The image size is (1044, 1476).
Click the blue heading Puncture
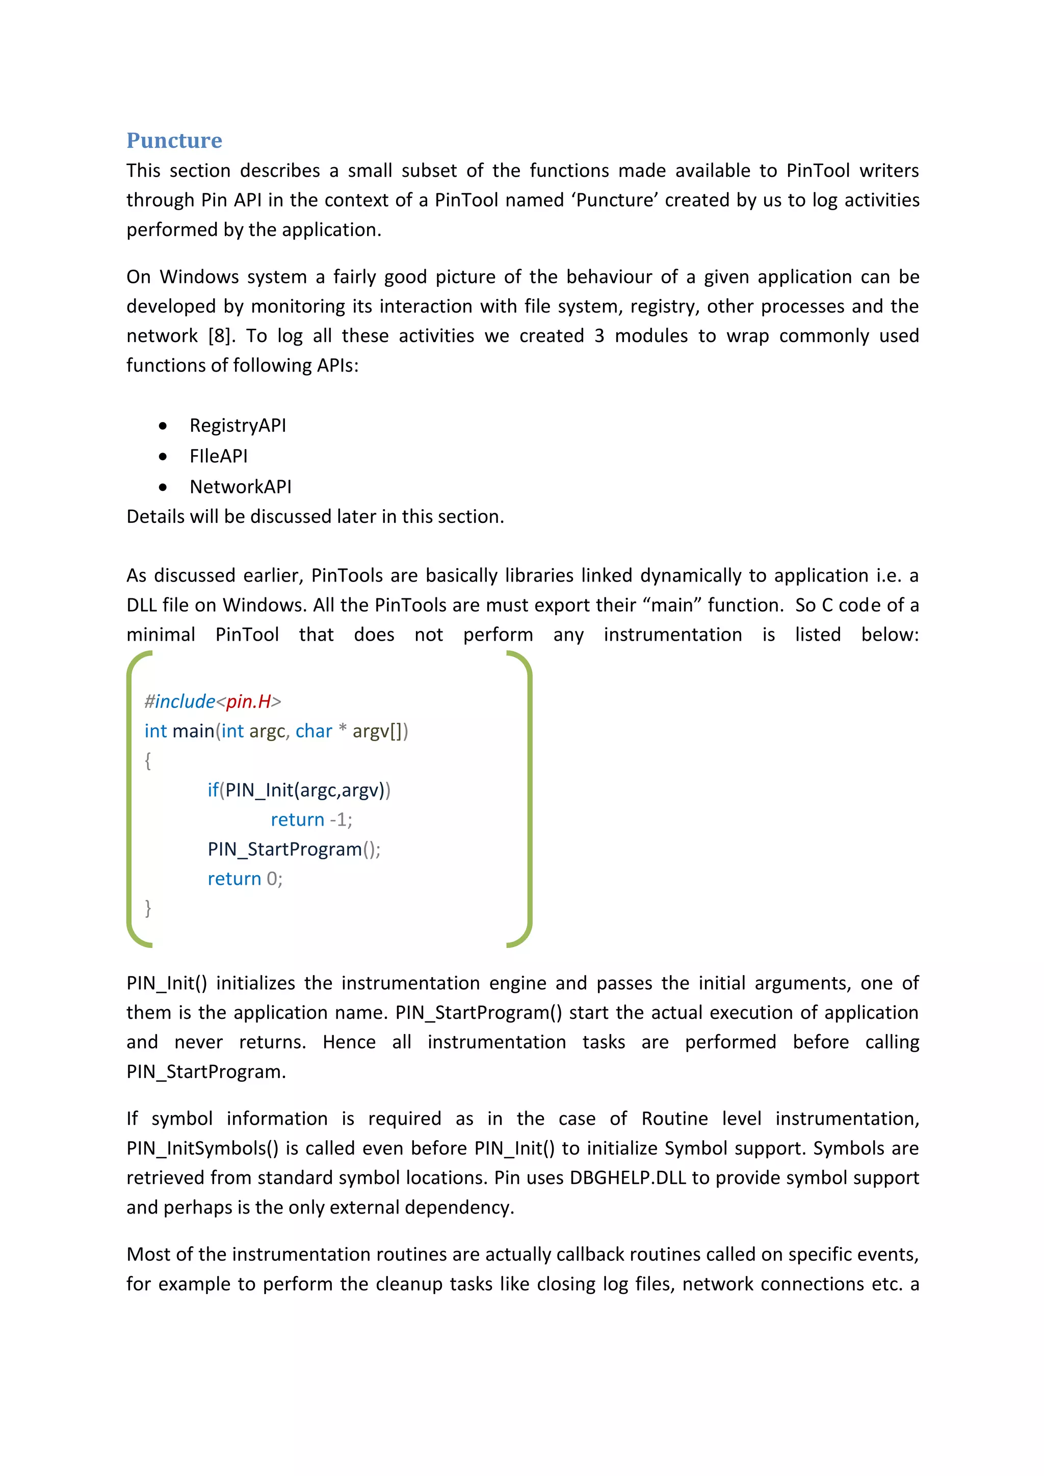pos(174,140)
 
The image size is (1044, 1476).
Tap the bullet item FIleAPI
pos(218,457)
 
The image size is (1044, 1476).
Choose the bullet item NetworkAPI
pos(241,487)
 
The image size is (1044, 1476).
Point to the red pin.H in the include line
pos(248,701)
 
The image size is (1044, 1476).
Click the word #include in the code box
pos(179,701)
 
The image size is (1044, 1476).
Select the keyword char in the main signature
pos(314,731)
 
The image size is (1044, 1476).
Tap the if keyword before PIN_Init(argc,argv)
pos(213,790)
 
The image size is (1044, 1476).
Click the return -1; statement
pos(311,820)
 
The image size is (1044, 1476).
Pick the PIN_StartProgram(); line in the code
pos(294,849)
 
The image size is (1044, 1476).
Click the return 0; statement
pos(245,879)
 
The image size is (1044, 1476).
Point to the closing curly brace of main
pos(148,908)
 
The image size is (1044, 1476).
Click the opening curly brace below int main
pos(148,760)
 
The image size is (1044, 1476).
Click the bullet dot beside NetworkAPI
pos(163,487)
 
